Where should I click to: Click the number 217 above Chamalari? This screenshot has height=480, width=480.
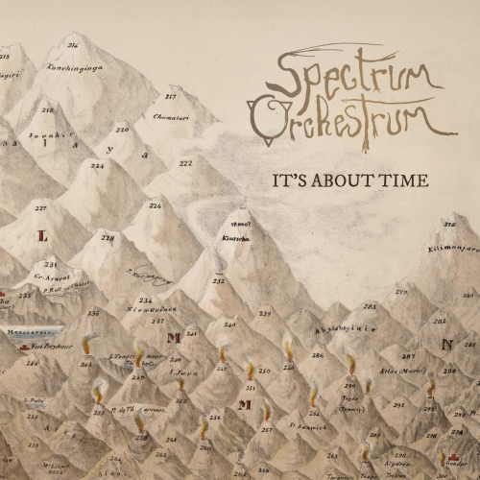(x=171, y=97)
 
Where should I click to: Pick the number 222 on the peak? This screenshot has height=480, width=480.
(x=185, y=162)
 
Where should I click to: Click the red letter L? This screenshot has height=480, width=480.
(x=41, y=233)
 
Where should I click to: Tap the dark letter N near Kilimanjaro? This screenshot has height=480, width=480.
(x=444, y=343)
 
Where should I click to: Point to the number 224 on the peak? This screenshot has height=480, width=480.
(x=97, y=165)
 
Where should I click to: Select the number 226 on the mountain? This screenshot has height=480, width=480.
(x=156, y=205)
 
